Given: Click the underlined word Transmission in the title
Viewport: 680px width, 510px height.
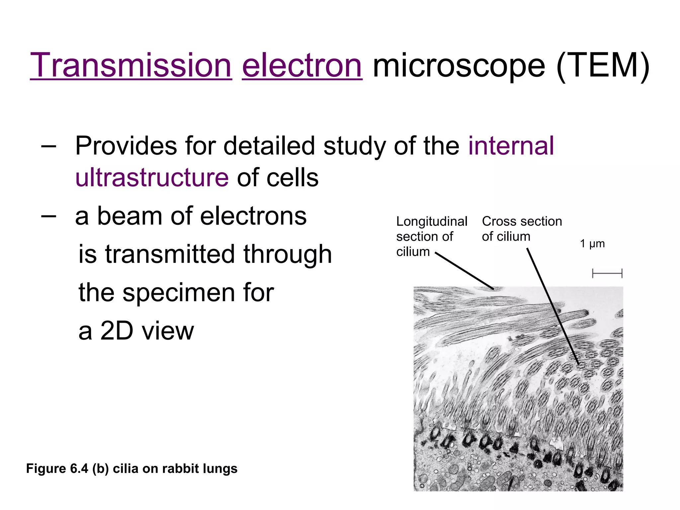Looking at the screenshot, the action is click(x=131, y=65).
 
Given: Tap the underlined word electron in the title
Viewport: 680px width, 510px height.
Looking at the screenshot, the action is click(x=302, y=65).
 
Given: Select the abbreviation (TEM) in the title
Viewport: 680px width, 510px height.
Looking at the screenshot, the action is click(x=603, y=65).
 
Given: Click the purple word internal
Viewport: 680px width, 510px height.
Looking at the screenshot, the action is click(x=511, y=146).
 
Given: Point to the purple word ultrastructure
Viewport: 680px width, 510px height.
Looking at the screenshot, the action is click(x=152, y=177).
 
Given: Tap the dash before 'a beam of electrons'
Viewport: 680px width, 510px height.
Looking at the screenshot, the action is click(x=48, y=216).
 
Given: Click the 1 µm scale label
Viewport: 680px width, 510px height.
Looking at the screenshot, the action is click(x=592, y=244).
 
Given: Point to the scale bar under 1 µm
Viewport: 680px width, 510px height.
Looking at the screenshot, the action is click(x=607, y=274).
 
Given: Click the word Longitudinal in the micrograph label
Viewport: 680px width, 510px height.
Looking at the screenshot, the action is click(x=432, y=221).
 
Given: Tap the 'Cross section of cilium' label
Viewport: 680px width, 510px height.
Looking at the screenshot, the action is click(x=522, y=229).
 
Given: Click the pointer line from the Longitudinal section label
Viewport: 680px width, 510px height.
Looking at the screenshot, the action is click(x=465, y=271).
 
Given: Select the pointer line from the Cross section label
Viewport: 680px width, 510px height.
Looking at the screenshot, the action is click(x=553, y=305).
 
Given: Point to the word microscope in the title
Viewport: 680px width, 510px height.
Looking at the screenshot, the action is click(x=459, y=65).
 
